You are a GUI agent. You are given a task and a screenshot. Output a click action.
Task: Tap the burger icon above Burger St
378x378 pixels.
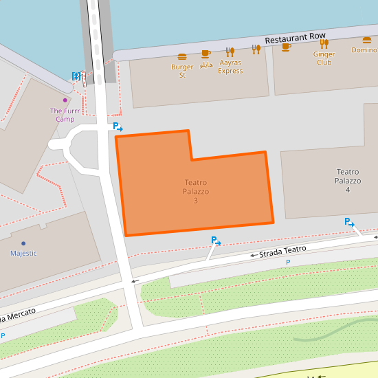click(x=182, y=56)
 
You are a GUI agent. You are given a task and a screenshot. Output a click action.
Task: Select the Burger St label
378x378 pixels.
click(x=182, y=71)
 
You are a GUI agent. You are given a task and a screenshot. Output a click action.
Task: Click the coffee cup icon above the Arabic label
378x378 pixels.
click(x=205, y=54)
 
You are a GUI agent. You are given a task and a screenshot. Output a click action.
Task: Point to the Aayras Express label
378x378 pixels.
click(x=230, y=67)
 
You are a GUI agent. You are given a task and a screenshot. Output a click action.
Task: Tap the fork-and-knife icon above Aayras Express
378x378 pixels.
click(x=230, y=52)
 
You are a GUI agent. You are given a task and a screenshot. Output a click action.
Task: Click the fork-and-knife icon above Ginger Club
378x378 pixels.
click(x=324, y=44)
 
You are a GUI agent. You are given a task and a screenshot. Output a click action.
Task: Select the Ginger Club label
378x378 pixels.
click(x=324, y=58)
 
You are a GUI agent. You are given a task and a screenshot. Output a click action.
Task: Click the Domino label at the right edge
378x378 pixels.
click(x=364, y=49)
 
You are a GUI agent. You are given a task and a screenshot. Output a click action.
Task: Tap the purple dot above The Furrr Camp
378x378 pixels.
click(x=65, y=100)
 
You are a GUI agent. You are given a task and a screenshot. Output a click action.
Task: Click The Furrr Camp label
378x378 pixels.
click(x=65, y=115)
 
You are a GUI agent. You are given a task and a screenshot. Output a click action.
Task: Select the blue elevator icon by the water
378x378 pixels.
click(x=76, y=76)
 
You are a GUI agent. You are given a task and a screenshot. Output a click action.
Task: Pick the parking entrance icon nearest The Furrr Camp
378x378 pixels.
click(x=118, y=127)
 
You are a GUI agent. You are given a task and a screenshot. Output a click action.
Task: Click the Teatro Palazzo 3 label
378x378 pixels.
click(x=196, y=191)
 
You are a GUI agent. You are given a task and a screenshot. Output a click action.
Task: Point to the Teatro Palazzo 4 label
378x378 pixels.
click(x=348, y=180)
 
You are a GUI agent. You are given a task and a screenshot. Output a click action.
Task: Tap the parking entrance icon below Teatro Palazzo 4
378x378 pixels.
click(x=349, y=222)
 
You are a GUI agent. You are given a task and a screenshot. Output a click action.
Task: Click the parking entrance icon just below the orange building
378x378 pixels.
click(x=216, y=241)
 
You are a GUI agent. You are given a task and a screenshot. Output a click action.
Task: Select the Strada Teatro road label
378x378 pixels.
click(x=282, y=252)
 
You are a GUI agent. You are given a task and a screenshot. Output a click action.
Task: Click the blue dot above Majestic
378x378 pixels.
click(x=23, y=243)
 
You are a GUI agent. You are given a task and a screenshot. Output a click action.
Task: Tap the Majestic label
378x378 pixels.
click(x=23, y=254)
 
